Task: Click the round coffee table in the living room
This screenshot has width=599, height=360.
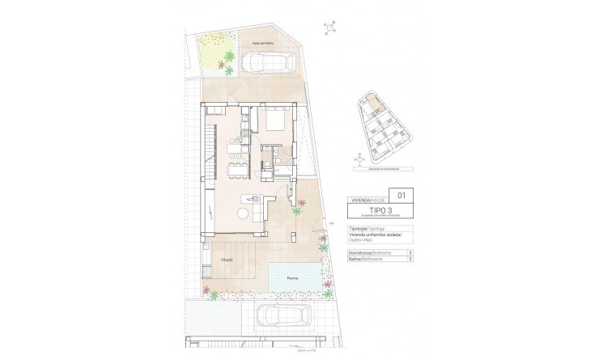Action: tap(244, 212)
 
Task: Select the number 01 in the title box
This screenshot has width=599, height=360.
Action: tap(403, 195)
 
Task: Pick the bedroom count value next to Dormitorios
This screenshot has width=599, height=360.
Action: tap(411, 253)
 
